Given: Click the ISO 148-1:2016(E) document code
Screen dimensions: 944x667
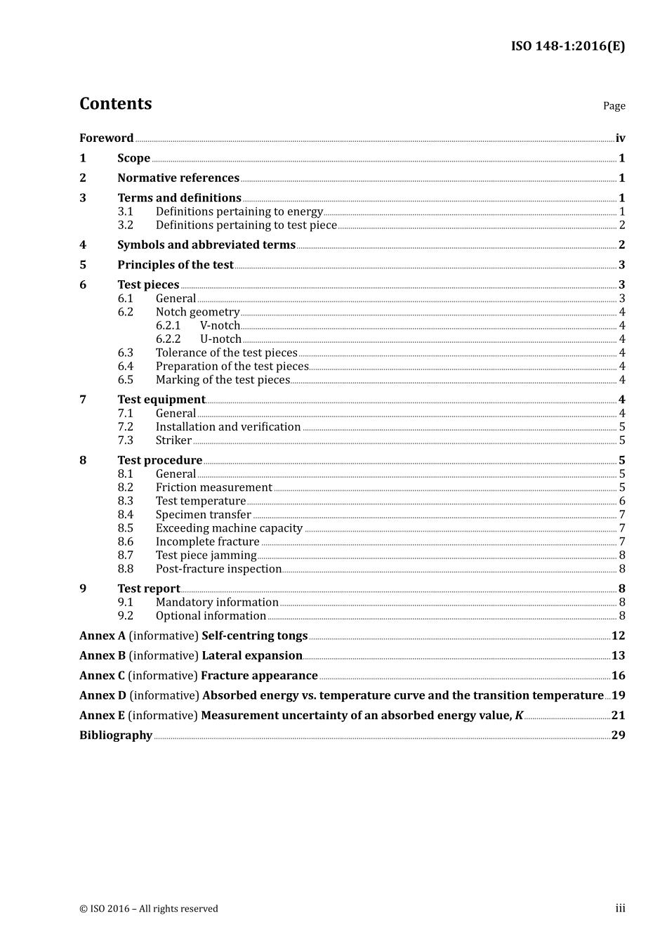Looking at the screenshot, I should click(x=567, y=46).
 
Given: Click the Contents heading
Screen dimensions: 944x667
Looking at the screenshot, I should click(x=115, y=104).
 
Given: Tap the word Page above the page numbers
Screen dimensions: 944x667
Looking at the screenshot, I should click(x=614, y=106).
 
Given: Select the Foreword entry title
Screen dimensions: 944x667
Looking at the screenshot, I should click(x=106, y=138).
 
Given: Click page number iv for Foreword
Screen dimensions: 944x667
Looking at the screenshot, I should click(x=620, y=138).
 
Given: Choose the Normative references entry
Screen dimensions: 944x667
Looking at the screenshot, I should click(x=178, y=178).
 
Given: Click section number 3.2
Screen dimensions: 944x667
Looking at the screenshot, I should click(x=125, y=225).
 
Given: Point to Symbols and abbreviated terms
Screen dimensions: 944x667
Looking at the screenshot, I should click(x=206, y=245).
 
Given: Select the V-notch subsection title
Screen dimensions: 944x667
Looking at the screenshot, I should click(x=220, y=326).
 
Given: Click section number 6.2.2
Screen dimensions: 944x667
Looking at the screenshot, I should click(x=168, y=339).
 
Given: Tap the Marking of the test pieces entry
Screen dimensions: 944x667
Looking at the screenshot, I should click(x=223, y=380).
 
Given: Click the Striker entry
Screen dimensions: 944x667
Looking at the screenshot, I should click(x=173, y=441).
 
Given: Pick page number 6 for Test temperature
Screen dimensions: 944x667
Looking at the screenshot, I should click(x=622, y=501).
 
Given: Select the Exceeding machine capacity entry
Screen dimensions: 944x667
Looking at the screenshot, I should click(x=229, y=528).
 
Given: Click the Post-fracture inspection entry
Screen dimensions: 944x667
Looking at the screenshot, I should click(x=218, y=569).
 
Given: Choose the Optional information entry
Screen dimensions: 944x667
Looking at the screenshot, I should click(x=211, y=616).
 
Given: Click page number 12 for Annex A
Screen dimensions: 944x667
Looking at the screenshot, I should click(x=618, y=636).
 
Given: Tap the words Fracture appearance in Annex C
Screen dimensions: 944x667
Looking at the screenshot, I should click(x=259, y=676).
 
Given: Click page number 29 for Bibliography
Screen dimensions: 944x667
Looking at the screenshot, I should click(x=618, y=735).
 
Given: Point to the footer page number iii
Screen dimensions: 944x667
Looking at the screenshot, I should click(x=620, y=908).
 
